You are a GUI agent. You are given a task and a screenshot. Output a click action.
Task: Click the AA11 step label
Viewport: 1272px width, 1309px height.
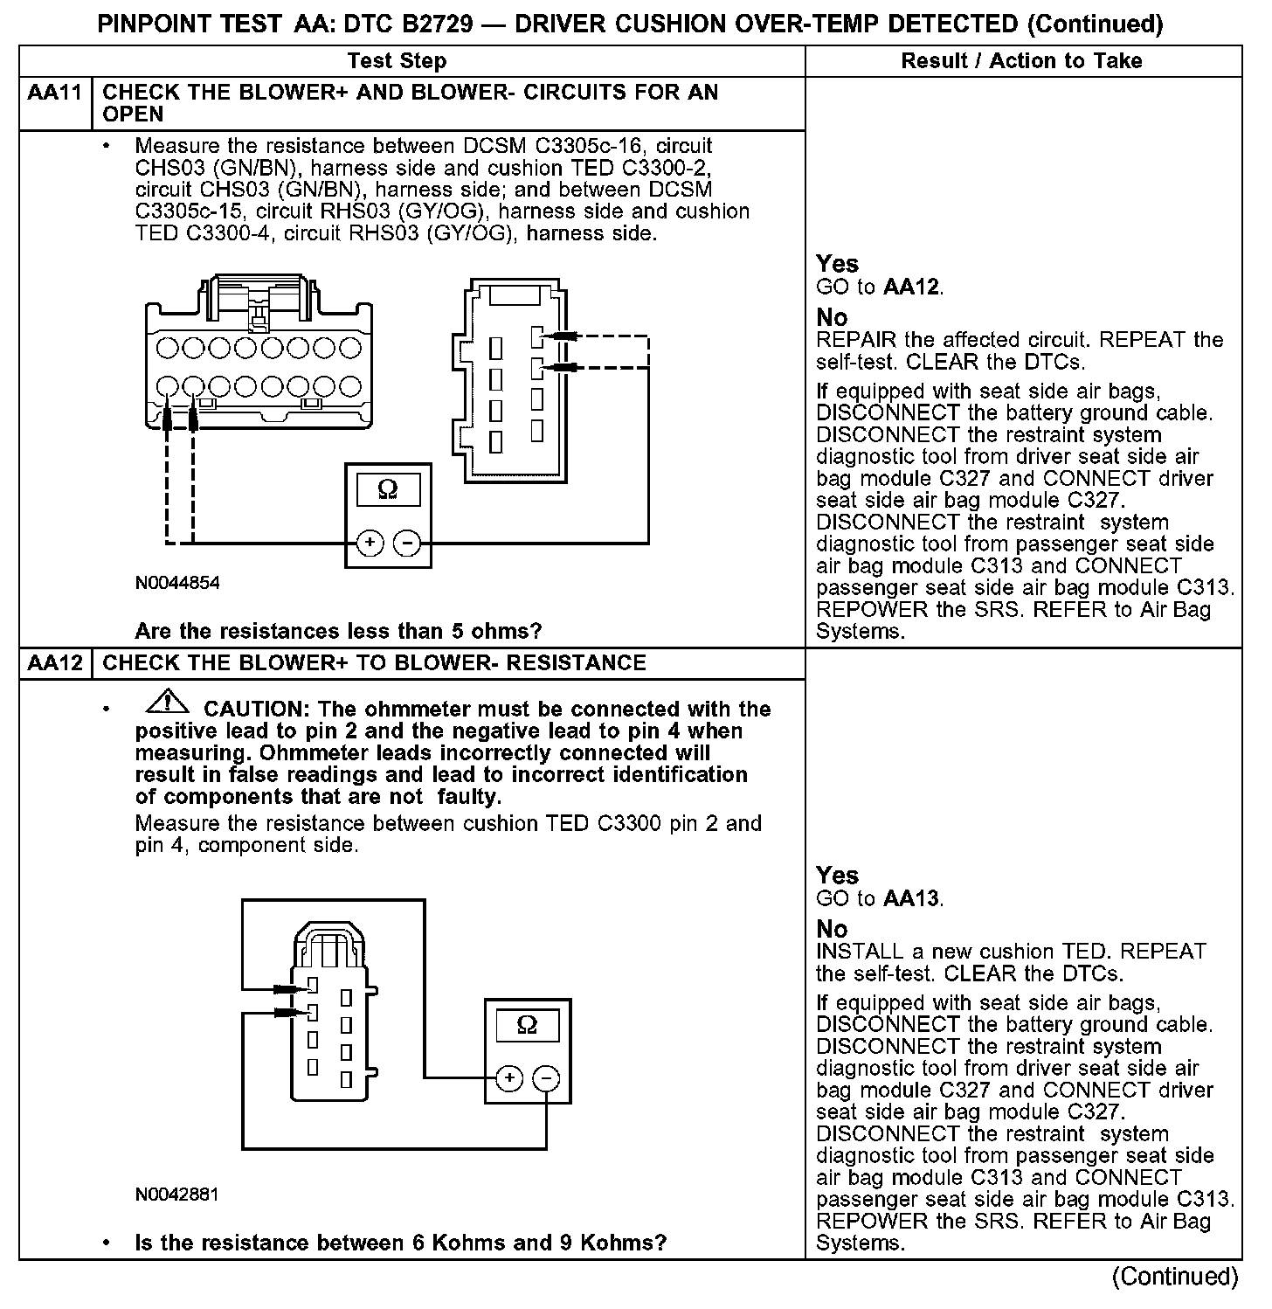[x=54, y=93]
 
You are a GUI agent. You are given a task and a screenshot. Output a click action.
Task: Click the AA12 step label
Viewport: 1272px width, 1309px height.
[x=54, y=663]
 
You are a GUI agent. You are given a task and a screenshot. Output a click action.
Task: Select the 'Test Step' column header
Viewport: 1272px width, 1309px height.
[x=397, y=61]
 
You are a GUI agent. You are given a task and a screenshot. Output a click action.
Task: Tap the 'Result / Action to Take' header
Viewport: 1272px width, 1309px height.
[x=1021, y=61]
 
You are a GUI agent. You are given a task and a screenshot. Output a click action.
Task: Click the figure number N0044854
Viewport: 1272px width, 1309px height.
[x=177, y=583]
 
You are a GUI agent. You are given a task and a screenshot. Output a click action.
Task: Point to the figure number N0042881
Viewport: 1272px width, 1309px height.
[x=177, y=1195]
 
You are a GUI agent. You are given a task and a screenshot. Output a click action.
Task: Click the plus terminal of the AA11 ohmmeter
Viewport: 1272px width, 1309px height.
[x=370, y=544]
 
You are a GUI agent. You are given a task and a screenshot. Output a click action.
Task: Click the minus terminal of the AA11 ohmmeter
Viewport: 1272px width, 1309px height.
[x=406, y=544]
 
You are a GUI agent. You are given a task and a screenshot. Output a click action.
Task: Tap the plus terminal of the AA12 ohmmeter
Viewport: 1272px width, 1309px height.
[x=509, y=1079]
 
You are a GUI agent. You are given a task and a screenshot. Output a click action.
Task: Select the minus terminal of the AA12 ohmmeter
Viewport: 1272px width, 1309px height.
[x=546, y=1079]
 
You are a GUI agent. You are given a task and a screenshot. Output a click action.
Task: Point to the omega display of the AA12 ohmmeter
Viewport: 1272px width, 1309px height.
[x=528, y=1025]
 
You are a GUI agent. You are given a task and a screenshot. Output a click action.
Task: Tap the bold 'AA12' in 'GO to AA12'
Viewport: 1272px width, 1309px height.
[x=912, y=287]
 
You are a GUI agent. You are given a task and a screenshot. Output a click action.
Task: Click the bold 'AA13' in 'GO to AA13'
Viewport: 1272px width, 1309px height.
[x=912, y=899]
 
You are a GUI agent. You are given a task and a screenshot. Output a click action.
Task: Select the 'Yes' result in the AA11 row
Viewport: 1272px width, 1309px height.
[x=837, y=264]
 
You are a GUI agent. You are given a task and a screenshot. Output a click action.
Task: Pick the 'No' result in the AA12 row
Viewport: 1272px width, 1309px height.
[x=832, y=929]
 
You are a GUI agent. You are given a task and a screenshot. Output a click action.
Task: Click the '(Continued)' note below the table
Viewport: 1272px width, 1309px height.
[x=1175, y=1278]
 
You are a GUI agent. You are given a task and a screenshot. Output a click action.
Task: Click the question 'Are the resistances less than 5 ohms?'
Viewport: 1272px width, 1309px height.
[x=338, y=631]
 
